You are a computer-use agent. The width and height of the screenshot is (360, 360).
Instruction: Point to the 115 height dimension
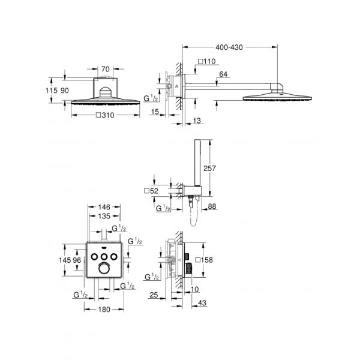pos(52,89)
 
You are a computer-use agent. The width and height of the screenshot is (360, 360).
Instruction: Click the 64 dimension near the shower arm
pos(224,74)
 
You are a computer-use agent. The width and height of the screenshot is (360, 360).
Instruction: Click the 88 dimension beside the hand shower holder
pos(212,208)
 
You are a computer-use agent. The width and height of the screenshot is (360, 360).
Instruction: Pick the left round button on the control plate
pos(95,257)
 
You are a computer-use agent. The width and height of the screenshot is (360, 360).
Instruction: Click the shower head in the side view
pos(279,96)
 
